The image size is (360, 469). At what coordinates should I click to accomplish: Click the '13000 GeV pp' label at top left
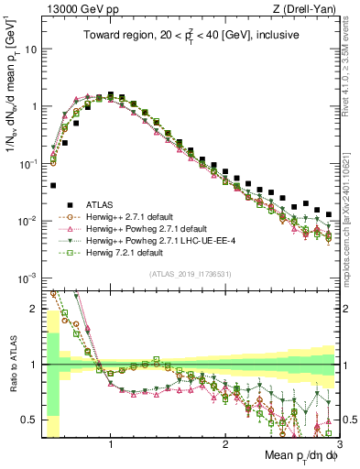pyautogui.click(x=74, y=8)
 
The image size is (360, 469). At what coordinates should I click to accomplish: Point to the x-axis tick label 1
pyautogui.click(x=111, y=444)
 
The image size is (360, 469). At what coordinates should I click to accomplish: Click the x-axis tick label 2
pyautogui.click(x=225, y=444)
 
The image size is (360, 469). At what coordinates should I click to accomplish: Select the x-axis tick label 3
pyautogui.click(x=339, y=444)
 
